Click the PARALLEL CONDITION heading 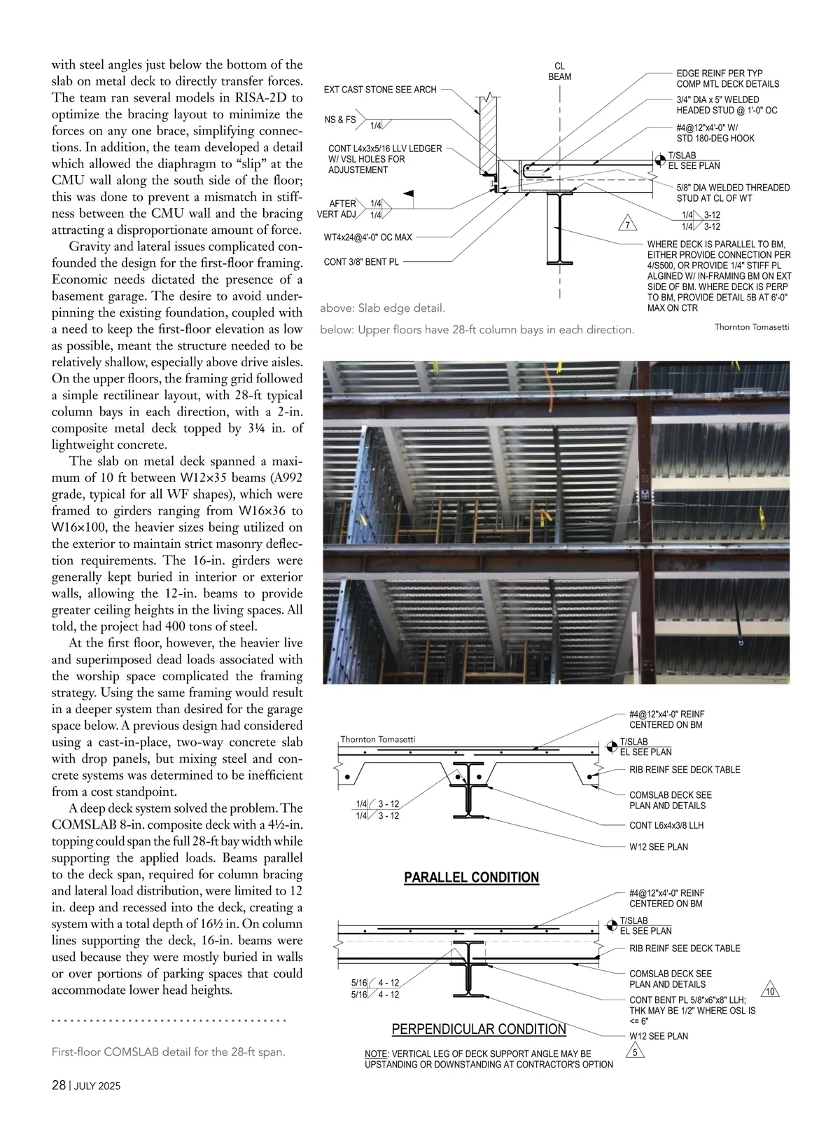point(472,878)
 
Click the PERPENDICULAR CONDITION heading point(479,1029)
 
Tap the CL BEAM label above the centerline point(559,71)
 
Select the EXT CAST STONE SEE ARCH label point(380,90)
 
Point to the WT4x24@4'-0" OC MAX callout point(368,237)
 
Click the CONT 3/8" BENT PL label point(361,262)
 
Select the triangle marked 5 point(634,1053)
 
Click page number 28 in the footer point(59,1086)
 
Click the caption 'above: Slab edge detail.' point(382,308)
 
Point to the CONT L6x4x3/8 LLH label point(666,825)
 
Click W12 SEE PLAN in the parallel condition point(658,847)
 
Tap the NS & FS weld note point(340,120)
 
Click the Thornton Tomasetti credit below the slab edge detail point(751,327)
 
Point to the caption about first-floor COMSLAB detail point(169,1052)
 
